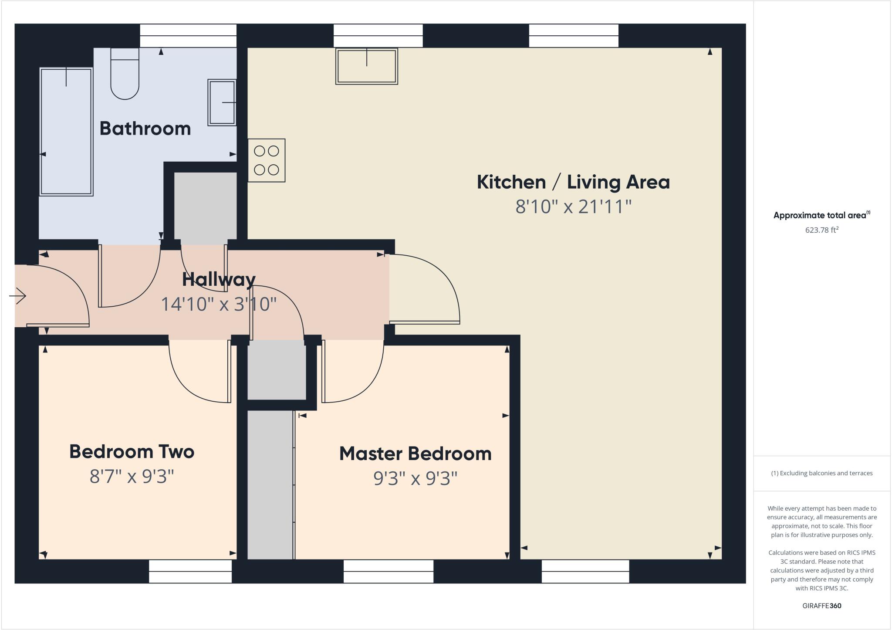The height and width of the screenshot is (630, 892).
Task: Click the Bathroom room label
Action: click(x=145, y=129)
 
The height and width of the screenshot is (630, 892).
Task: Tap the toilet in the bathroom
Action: click(x=125, y=74)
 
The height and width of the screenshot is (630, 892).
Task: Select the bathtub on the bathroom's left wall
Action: click(x=66, y=132)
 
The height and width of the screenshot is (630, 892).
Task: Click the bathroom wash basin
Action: click(x=222, y=102)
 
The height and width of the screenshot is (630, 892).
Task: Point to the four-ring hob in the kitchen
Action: click(x=267, y=160)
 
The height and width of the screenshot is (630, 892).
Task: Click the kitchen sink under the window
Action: click(x=366, y=66)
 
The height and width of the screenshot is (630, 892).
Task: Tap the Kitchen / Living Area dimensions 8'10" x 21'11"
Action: click(x=573, y=207)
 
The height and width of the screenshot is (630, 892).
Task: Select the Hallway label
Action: click(x=219, y=279)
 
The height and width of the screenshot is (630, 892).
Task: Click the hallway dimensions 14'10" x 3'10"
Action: click(x=219, y=304)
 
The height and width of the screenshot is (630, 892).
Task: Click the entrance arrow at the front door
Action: click(x=18, y=296)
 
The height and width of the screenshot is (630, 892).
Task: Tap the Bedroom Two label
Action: click(x=132, y=451)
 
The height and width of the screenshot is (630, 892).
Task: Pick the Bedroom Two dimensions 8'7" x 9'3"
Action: click(x=132, y=477)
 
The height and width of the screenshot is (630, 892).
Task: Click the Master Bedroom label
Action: click(x=415, y=454)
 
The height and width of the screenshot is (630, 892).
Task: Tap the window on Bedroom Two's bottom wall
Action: click(x=190, y=571)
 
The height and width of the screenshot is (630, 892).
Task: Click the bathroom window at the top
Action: click(x=188, y=36)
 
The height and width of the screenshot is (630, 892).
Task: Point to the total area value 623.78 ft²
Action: click(x=821, y=230)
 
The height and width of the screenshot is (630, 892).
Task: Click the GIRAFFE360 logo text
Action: click(x=821, y=606)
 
